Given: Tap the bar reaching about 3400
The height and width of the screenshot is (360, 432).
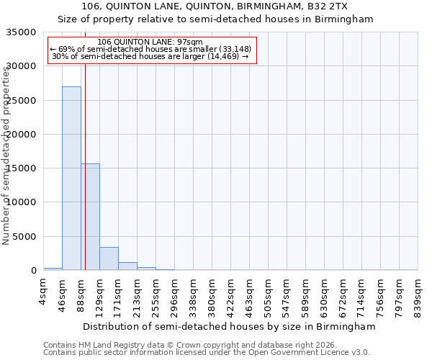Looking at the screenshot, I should (x=109, y=258).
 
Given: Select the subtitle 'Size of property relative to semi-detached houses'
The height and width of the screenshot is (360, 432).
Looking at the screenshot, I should (x=215, y=19).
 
